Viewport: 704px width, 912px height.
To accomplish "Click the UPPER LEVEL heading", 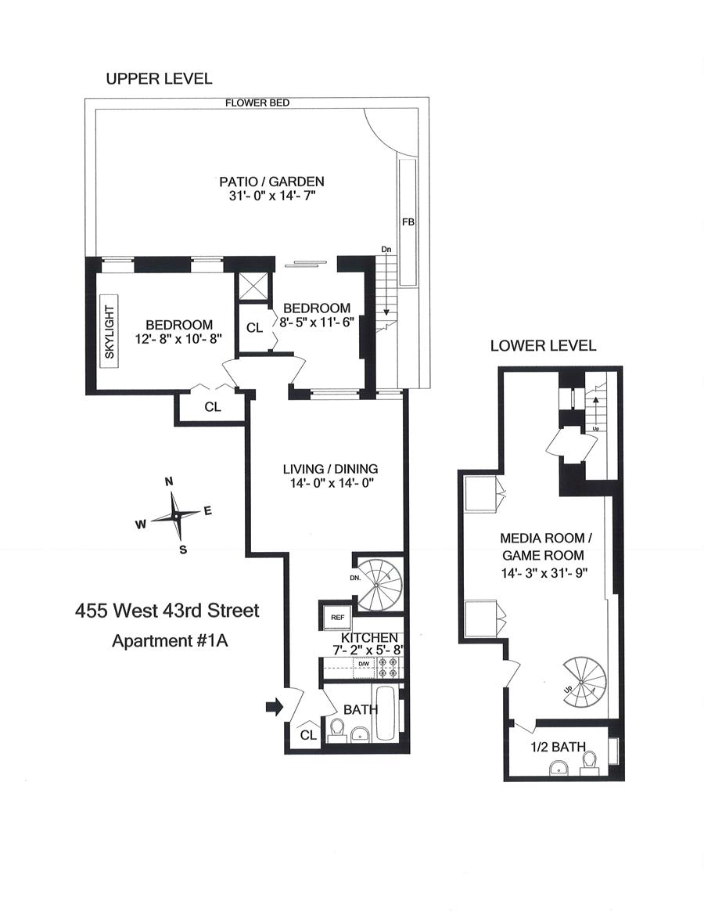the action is [x=159, y=78].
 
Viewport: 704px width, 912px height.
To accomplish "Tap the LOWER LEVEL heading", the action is [x=543, y=345].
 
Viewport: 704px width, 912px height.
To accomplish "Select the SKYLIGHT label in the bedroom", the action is [x=110, y=332].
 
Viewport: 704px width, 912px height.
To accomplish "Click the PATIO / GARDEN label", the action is [x=271, y=182].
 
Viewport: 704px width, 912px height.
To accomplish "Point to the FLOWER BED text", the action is [x=257, y=103].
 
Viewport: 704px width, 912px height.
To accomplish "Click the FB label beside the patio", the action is [x=408, y=222].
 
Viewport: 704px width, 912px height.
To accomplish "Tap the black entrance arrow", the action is [x=275, y=707].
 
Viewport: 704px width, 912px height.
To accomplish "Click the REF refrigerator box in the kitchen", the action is [x=337, y=617].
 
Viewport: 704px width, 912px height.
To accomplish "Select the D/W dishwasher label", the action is [x=364, y=664].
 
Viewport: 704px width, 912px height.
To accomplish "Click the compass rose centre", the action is [x=176, y=516].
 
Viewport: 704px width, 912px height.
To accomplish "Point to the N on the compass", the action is [x=169, y=481].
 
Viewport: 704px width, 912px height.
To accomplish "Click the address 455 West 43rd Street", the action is [x=167, y=611].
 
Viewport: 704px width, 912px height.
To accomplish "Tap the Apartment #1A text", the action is [x=170, y=641].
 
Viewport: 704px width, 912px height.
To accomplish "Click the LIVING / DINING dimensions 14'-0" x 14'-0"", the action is [x=330, y=483].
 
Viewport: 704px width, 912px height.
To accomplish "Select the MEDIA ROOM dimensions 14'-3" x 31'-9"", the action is [x=544, y=573].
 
